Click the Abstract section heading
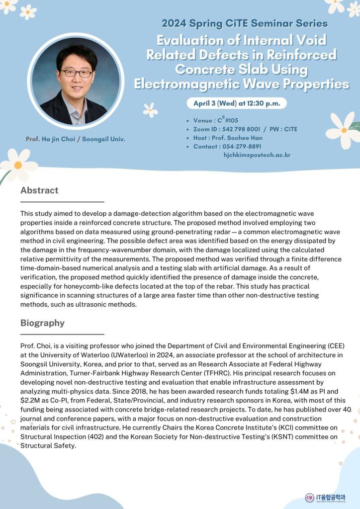(x=39, y=190)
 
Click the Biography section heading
(x=42, y=323)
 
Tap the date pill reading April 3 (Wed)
(x=236, y=103)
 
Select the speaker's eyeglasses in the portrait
(x=77, y=73)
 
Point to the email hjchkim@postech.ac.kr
(x=257, y=155)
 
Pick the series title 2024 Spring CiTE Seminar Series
(x=244, y=23)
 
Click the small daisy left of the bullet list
(x=150, y=109)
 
